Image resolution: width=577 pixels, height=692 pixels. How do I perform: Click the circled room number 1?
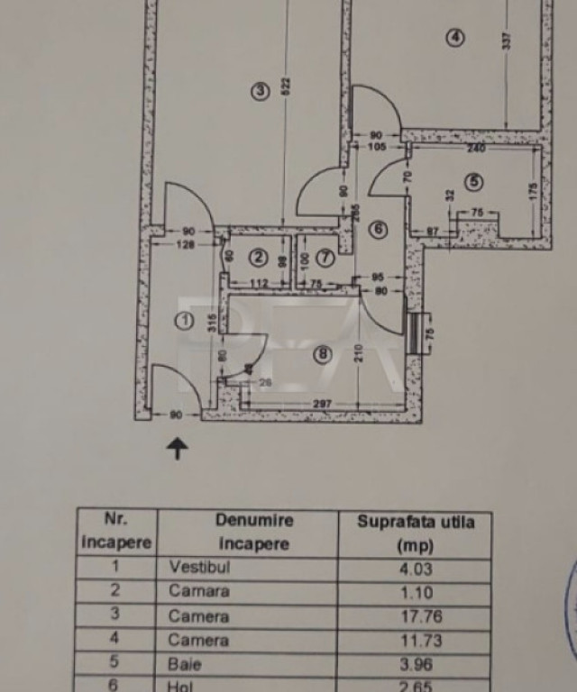pyautogui.click(x=184, y=320)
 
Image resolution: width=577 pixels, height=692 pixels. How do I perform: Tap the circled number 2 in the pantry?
pyautogui.click(x=259, y=258)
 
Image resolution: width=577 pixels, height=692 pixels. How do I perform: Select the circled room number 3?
pyautogui.click(x=260, y=90)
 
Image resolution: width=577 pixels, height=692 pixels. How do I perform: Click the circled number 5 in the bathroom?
pyautogui.click(x=474, y=181)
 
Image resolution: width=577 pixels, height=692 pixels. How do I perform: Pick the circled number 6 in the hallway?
pyautogui.click(x=378, y=230)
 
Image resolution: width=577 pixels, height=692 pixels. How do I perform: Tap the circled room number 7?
pyautogui.click(x=325, y=258)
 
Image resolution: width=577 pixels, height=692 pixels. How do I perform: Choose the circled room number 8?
pyautogui.click(x=322, y=354)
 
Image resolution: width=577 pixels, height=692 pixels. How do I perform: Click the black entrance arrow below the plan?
pyautogui.click(x=178, y=448)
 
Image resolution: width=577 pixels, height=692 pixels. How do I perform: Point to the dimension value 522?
pyautogui.click(x=286, y=85)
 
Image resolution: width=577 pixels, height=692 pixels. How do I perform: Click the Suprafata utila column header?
pyautogui.click(x=414, y=533)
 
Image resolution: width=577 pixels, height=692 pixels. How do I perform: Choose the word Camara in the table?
pyautogui.click(x=199, y=592)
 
